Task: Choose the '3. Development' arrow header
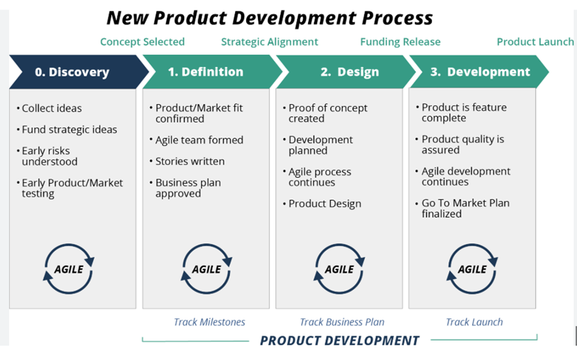pyautogui.click(x=479, y=72)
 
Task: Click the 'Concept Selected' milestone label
pyautogui.click(x=143, y=42)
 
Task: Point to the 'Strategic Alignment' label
pyautogui.click(x=269, y=42)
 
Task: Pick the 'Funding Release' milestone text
pyautogui.click(x=400, y=42)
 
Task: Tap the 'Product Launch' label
pyautogui.click(x=535, y=42)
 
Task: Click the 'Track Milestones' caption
pyautogui.click(x=209, y=322)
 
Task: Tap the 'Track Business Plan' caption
pyautogui.click(x=342, y=322)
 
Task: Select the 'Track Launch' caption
pyautogui.click(x=474, y=322)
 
